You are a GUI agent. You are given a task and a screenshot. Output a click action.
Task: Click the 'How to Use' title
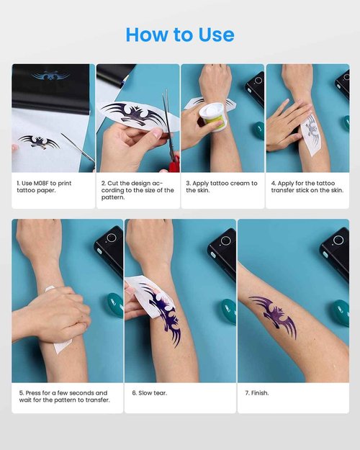[179, 35]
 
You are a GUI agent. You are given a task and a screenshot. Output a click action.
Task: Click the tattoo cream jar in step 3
[211, 116]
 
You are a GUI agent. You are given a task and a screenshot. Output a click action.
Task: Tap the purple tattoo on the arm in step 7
[274, 315]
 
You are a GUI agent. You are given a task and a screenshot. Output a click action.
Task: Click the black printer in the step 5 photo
[109, 251]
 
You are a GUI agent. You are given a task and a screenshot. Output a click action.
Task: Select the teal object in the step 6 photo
[228, 311]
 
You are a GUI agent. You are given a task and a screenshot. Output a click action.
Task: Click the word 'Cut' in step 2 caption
[113, 184]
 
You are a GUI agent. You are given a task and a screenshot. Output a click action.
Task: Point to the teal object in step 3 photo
[258, 130]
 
